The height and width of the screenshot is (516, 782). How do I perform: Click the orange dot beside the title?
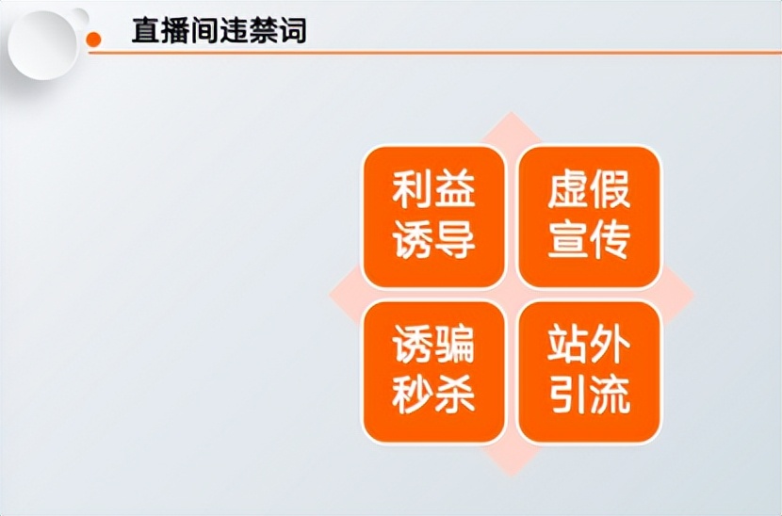tap(93, 40)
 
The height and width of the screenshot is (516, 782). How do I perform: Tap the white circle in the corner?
tap(42, 40)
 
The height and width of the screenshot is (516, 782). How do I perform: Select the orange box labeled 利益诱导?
tap(433, 217)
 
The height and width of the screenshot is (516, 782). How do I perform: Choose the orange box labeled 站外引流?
tap(589, 372)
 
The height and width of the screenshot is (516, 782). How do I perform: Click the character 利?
tap(413, 191)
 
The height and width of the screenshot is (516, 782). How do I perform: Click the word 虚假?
tap(589, 191)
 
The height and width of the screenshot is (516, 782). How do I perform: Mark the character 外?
tap(611, 347)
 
